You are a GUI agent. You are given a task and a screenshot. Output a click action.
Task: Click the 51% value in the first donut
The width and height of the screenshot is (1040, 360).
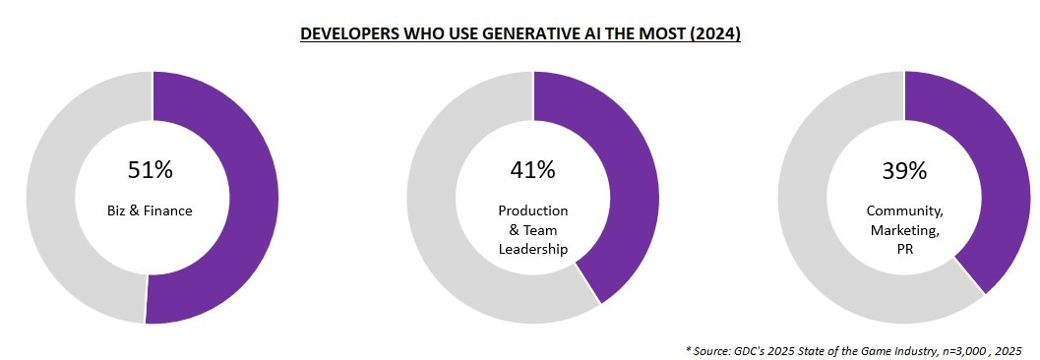tap(151, 170)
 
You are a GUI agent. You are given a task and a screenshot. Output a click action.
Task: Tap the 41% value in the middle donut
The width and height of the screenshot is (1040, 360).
tap(532, 170)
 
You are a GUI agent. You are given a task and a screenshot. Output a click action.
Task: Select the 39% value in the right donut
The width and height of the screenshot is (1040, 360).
tap(904, 170)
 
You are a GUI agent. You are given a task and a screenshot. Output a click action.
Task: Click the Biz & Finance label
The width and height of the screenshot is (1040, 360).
tap(151, 210)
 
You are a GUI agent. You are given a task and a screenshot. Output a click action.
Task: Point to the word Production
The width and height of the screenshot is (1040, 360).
tap(532, 211)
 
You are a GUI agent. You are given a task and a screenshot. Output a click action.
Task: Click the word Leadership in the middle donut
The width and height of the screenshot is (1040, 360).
tap(532, 249)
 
